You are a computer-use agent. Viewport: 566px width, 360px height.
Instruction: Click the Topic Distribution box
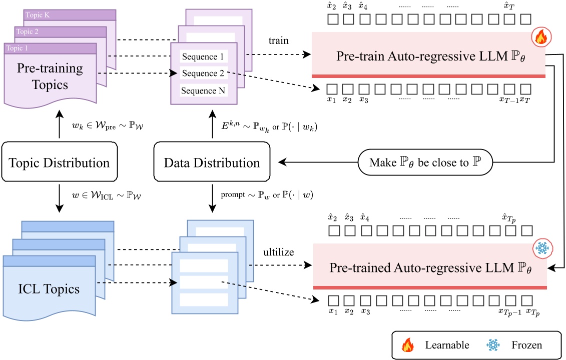[59, 161]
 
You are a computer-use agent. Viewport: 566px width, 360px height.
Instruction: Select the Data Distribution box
[212, 161]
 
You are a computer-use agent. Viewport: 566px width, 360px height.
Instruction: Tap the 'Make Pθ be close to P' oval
[425, 162]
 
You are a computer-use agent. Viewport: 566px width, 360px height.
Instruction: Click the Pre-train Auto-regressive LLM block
[428, 55]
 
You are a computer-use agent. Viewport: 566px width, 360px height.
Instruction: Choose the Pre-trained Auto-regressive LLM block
[430, 266]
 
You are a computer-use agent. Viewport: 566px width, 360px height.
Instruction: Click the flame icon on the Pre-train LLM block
[541, 37]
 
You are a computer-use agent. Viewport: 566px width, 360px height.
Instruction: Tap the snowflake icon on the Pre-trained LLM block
[542, 248]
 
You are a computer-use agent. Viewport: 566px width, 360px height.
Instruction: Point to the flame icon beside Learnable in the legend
[408, 345]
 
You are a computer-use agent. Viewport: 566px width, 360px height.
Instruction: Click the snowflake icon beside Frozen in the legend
[493, 345]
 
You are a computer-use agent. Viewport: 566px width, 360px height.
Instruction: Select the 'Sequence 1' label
[203, 56]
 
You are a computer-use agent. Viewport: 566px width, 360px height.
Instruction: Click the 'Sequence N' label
[203, 90]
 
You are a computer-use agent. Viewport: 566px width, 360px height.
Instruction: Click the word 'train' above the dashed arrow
[279, 40]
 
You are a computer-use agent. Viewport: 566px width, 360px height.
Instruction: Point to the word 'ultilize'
[279, 252]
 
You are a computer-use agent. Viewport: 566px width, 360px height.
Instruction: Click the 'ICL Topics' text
[49, 289]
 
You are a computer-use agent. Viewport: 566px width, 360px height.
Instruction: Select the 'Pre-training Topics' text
[50, 76]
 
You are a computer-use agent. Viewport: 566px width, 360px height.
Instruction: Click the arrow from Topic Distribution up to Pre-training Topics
[60, 124]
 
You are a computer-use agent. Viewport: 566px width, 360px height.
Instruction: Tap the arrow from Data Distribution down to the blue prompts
[212, 199]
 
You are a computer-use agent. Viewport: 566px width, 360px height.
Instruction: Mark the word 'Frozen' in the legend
[526, 345]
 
